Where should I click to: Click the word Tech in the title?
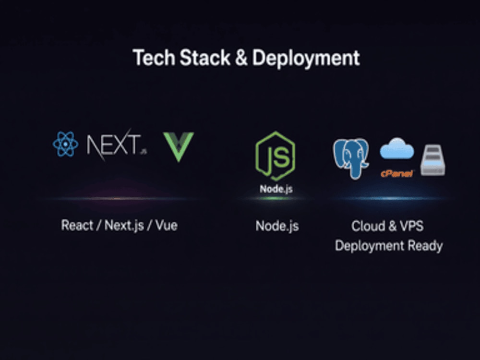point(154,58)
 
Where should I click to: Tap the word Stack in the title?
point(204,58)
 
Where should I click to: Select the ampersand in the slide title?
point(241,58)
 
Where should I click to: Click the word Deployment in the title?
point(306,58)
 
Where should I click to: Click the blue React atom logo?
point(65,144)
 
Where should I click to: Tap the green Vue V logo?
point(179,146)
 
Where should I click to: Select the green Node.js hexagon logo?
point(275,156)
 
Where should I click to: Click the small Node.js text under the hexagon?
point(276,189)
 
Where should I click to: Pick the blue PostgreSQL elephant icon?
point(351,158)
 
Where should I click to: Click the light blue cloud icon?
point(397,148)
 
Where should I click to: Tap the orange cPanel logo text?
point(397,174)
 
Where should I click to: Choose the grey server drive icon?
point(433,160)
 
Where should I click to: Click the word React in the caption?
point(77,225)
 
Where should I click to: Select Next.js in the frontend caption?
point(124,226)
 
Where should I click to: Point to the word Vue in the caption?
point(167,226)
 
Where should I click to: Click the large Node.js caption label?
point(277,226)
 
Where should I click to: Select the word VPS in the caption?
point(412,226)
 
